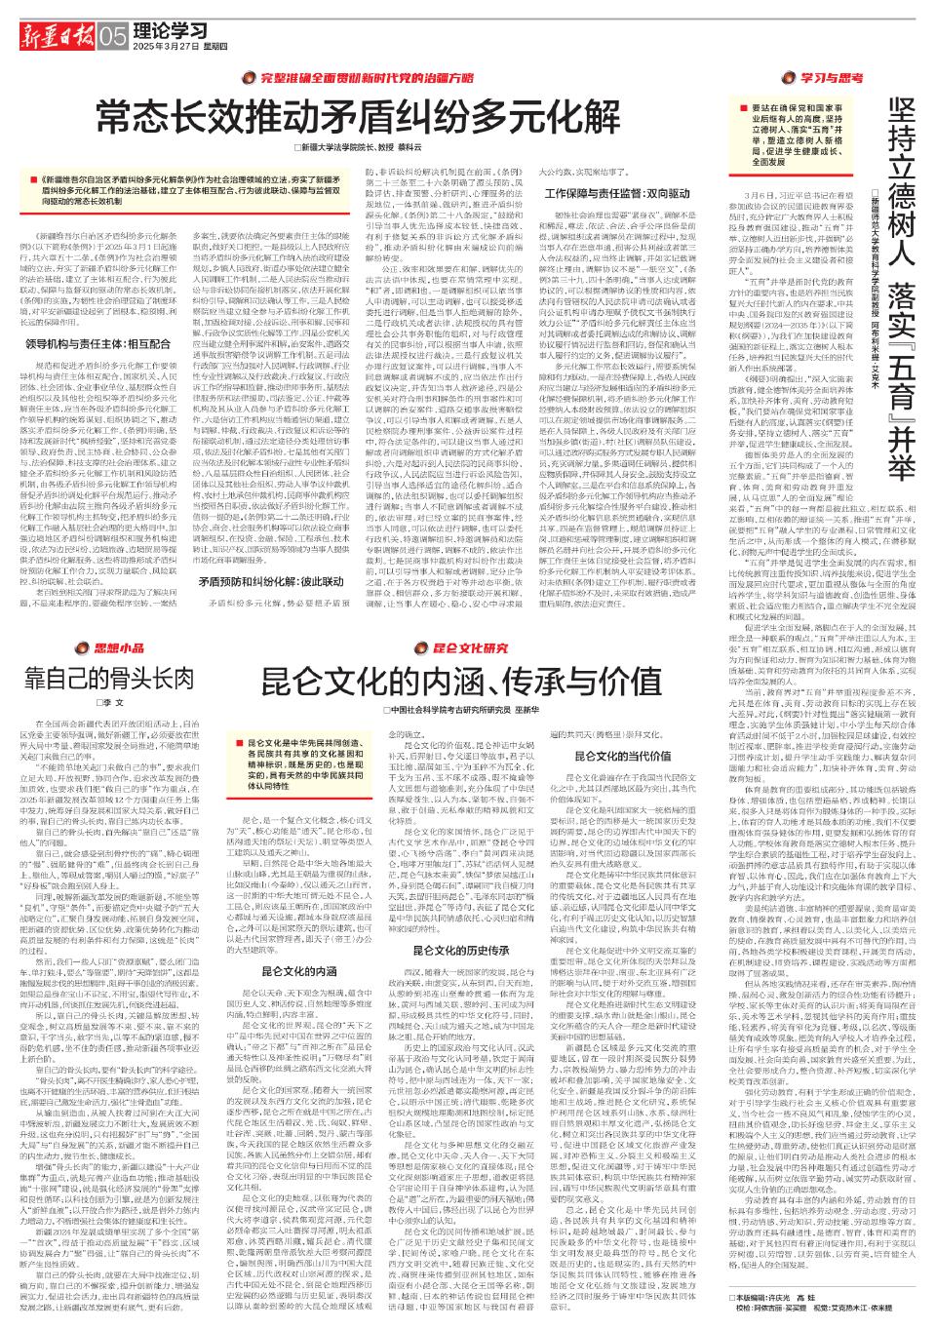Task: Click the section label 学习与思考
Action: [x=810, y=76]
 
